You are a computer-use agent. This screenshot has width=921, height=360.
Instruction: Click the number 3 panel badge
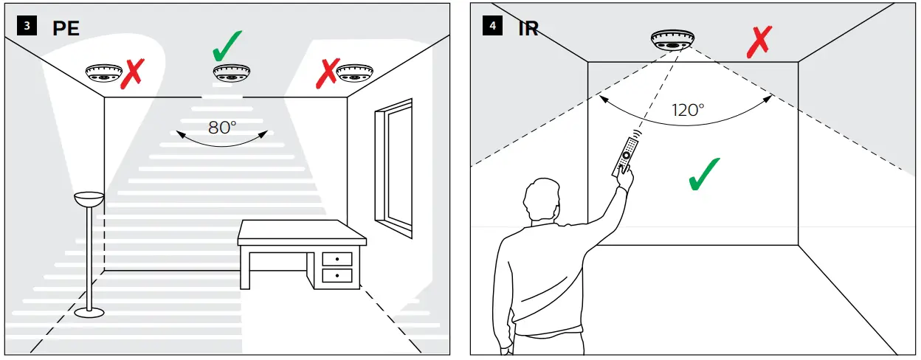pyautogui.click(x=27, y=27)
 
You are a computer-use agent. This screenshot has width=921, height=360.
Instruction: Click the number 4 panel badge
pyautogui.click(x=491, y=27)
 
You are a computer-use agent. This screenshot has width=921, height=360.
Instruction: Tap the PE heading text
pyautogui.click(x=65, y=29)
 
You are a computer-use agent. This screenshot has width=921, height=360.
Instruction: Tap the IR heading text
pyautogui.click(x=528, y=29)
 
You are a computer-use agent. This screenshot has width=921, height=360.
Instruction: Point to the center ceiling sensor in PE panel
pyautogui.click(x=232, y=73)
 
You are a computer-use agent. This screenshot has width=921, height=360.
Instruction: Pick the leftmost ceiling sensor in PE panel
pyautogui.click(x=103, y=72)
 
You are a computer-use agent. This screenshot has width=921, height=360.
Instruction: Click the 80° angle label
pyautogui.click(x=222, y=127)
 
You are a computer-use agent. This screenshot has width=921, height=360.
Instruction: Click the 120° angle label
pyautogui.click(x=688, y=110)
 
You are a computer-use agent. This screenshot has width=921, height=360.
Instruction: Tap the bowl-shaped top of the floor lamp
pyautogui.click(x=89, y=198)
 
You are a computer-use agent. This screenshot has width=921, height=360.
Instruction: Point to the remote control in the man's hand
pyautogui.click(x=624, y=156)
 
